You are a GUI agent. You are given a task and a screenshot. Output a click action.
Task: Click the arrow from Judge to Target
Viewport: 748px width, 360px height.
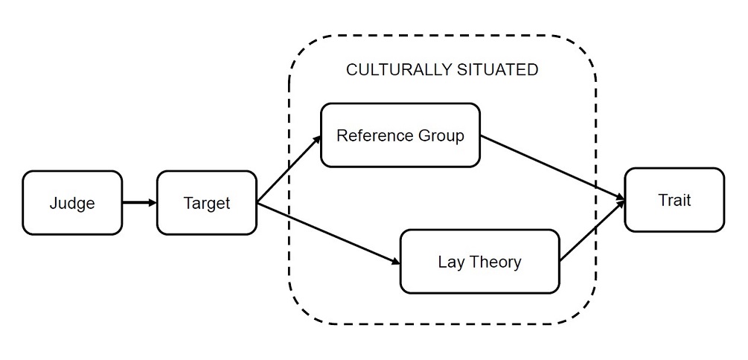(139, 202)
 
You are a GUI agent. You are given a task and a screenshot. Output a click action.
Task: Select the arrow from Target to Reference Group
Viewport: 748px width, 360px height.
(289, 170)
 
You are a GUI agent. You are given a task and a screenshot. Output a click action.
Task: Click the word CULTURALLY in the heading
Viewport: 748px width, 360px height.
(397, 71)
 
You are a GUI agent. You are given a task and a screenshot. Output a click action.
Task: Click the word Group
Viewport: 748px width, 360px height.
(439, 136)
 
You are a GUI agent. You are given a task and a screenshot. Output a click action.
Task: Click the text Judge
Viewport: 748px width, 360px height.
(72, 203)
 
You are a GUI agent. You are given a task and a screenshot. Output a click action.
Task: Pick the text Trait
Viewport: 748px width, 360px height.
(674, 199)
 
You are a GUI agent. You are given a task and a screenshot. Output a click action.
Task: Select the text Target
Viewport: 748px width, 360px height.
(207, 203)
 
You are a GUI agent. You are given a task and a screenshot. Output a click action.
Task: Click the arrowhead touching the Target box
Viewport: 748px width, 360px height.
(152, 202)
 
